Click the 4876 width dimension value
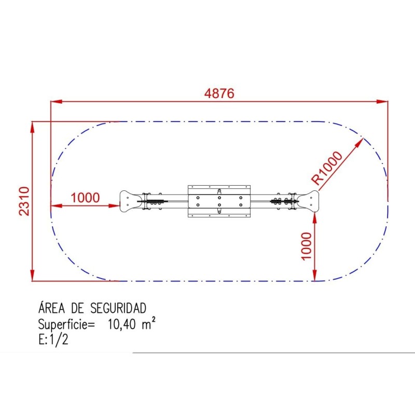(219, 93)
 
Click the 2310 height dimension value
(24, 201)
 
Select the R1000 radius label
(327, 168)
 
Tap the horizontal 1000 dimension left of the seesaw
(85, 198)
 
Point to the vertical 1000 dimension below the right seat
(306, 246)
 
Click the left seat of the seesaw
(129, 201)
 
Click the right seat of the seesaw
(309, 201)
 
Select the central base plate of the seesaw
(219, 201)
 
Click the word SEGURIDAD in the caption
(118, 308)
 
